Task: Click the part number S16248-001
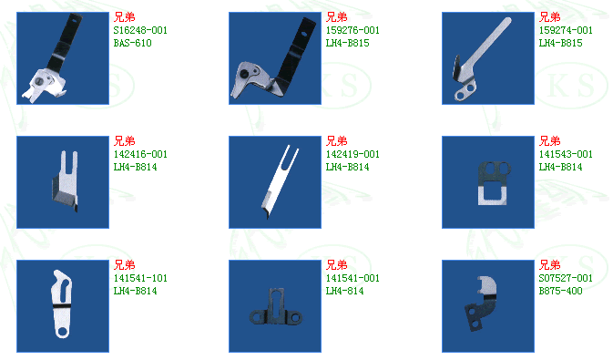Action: click(x=140, y=30)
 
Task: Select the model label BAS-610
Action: click(x=133, y=43)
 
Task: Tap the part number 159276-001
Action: click(x=352, y=30)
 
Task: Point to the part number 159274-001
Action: click(x=566, y=30)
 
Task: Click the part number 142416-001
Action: click(x=140, y=154)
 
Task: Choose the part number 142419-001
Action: click(x=352, y=154)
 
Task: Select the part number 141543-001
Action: click(x=566, y=154)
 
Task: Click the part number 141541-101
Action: click(x=140, y=278)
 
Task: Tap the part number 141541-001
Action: click(x=352, y=278)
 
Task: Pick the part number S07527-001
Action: click(x=566, y=278)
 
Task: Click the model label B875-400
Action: click(x=560, y=291)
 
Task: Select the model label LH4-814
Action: click(x=345, y=291)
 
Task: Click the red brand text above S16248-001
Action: click(x=124, y=16)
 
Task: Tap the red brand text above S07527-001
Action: click(x=549, y=265)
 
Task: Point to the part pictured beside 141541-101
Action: click(x=62, y=303)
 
